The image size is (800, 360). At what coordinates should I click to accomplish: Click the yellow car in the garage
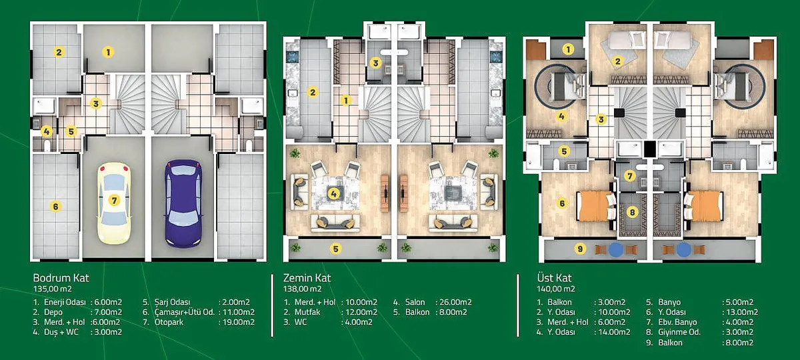click(x=114, y=203)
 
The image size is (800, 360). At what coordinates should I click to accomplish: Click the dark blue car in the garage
click(x=183, y=203)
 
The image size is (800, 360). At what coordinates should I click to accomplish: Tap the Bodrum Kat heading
click(x=61, y=278)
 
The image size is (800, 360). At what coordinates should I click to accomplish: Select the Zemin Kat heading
click(x=307, y=278)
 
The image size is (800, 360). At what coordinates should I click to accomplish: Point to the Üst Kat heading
click(x=554, y=278)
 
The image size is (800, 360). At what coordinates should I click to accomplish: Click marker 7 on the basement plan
click(x=114, y=201)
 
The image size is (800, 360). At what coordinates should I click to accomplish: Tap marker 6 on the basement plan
click(x=55, y=207)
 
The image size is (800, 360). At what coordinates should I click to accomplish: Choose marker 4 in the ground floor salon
click(x=333, y=194)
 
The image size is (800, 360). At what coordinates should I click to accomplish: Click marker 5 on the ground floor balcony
click(x=335, y=249)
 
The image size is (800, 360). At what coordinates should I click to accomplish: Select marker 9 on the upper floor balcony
click(x=581, y=249)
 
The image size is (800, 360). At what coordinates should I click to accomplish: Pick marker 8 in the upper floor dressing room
click(x=632, y=213)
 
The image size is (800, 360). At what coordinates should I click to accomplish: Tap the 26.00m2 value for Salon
click(x=455, y=302)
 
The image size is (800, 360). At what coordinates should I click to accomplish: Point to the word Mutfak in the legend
click(x=307, y=312)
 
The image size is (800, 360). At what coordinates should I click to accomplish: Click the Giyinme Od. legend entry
click(x=679, y=333)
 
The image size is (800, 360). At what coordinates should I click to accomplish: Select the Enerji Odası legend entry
click(x=65, y=302)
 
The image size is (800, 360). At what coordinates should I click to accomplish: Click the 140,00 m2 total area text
click(x=556, y=289)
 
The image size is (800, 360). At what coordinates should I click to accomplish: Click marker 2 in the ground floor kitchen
click(x=313, y=93)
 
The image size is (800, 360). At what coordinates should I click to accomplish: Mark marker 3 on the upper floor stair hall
click(x=601, y=119)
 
